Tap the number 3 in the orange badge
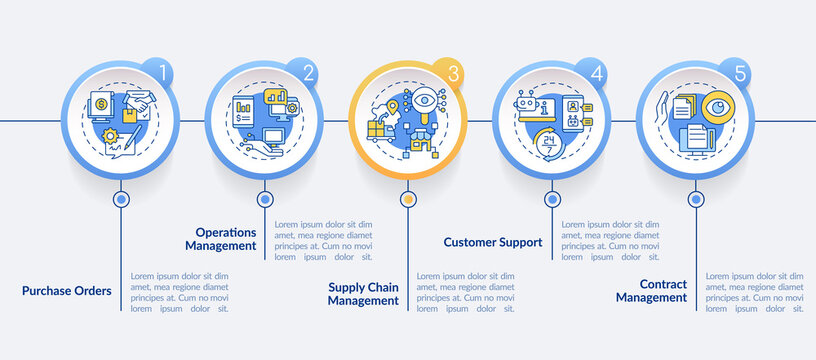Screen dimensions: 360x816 pyautogui.click(x=453, y=73)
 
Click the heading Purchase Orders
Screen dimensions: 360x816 pyautogui.click(x=67, y=291)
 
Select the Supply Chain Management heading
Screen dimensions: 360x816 pyautogui.click(x=364, y=293)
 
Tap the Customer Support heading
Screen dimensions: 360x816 pyautogui.click(x=492, y=241)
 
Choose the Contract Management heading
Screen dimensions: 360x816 pyautogui.click(x=651, y=290)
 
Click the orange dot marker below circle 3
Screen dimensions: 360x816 pyautogui.click(x=408, y=199)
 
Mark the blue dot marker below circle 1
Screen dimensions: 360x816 pyautogui.click(x=121, y=199)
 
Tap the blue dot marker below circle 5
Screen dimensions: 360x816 pyautogui.click(x=695, y=199)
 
